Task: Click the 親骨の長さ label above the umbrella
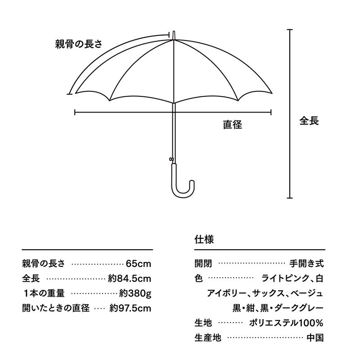click(x=79, y=44)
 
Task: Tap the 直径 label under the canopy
click(x=233, y=125)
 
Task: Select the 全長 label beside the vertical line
click(x=309, y=121)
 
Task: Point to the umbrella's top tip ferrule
click(x=174, y=35)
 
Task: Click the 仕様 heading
click(x=204, y=239)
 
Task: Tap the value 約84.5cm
click(x=130, y=279)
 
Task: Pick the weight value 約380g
click(x=135, y=293)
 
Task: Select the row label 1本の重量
click(x=43, y=293)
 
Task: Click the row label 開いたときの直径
click(x=56, y=308)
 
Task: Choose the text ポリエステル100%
click(x=286, y=323)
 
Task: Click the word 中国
click(x=315, y=338)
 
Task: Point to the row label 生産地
click(x=208, y=338)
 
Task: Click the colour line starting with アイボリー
click(x=265, y=293)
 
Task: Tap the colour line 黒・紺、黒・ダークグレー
click(x=278, y=308)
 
